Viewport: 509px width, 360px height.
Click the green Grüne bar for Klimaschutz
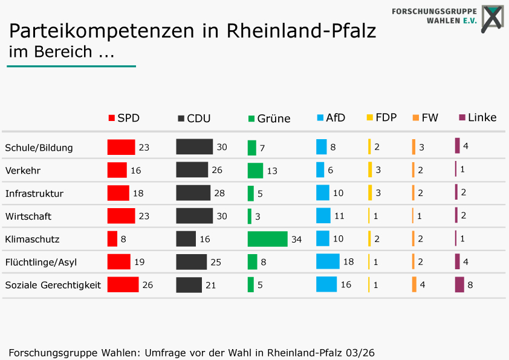tap(267, 239)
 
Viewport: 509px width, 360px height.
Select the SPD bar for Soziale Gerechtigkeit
tap(123, 284)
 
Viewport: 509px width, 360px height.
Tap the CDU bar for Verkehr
tap(192, 169)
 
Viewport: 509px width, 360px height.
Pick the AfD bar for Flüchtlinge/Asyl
tap(328, 261)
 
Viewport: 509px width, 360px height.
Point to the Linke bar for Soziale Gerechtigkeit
tap(459, 284)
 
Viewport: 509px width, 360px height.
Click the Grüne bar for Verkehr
tap(255, 171)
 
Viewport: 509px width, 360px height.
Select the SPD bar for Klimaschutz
tap(112, 239)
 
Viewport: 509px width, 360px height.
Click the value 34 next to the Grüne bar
tap(296, 240)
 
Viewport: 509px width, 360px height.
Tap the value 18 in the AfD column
tap(349, 261)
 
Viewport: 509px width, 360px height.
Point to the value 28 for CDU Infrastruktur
tap(219, 193)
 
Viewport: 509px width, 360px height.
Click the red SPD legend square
tap(112, 118)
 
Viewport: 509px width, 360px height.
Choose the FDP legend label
tap(386, 117)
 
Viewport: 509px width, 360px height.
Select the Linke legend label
tap(482, 117)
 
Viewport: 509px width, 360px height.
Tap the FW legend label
tap(430, 117)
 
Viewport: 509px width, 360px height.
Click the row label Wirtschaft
tap(28, 217)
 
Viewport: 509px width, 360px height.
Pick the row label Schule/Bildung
tap(39, 148)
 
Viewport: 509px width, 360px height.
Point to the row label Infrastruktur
tap(34, 194)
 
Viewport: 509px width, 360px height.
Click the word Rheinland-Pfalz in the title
tap(301, 31)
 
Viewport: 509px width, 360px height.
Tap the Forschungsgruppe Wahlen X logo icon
tap(493, 18)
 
